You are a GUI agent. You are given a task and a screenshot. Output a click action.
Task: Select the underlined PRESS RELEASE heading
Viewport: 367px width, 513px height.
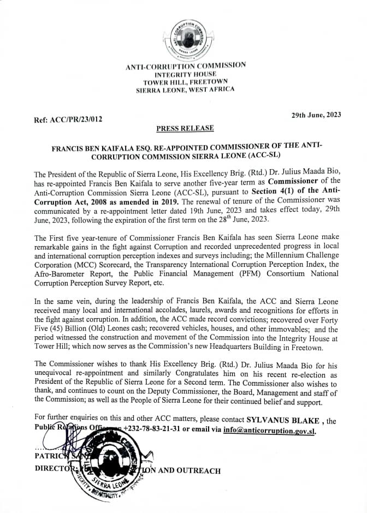coord(185,129)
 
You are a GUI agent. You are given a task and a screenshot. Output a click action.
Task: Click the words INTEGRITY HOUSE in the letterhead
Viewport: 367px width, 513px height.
coord(185,74)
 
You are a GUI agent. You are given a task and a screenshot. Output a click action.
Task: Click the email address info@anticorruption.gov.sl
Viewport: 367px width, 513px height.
coord(269,431)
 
